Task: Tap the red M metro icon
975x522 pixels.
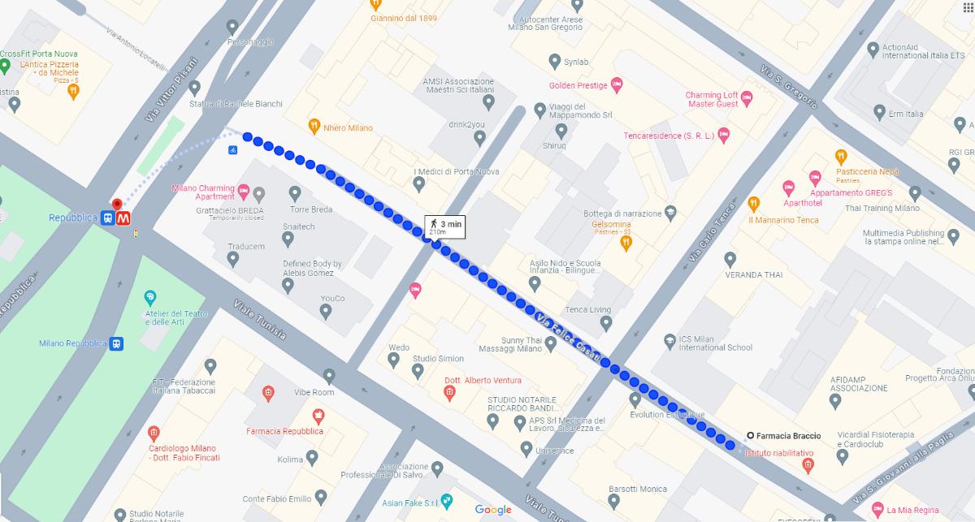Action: (124, 218)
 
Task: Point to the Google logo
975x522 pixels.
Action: (493, 510)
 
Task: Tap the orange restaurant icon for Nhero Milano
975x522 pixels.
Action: (314, 126)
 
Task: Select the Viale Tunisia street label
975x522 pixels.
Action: (259, 320)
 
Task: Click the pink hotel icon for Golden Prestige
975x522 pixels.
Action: (617, 84)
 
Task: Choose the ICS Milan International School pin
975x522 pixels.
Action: (669, 341)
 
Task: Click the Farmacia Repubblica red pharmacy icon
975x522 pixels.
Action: (318, 416)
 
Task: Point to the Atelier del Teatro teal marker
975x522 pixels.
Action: (149, 298)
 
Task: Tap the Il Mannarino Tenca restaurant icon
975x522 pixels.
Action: (753, 203)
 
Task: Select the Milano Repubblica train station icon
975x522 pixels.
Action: (117, 343)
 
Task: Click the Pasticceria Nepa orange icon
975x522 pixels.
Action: (841, 157)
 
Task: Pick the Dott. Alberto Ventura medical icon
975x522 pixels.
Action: (449, 395)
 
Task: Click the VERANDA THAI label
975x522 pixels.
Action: (753, 275)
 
